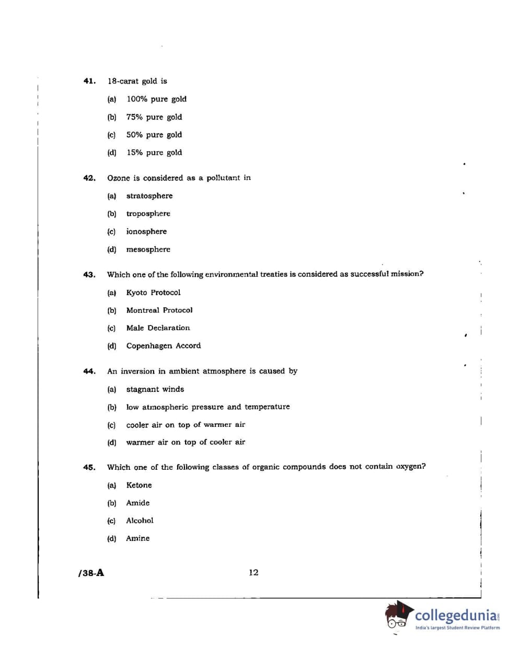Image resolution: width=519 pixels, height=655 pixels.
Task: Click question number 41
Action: pos(89,81)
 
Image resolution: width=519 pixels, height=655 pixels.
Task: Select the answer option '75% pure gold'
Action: pos(154,117)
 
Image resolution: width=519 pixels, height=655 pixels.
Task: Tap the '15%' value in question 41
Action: pos(134,153)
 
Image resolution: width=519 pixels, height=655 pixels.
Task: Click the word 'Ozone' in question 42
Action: pos(118,178)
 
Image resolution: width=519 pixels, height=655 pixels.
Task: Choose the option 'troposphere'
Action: pos(148,214)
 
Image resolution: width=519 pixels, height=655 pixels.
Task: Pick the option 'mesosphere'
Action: pos(148,250)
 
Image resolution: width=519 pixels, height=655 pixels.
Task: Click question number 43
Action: pos(89,275)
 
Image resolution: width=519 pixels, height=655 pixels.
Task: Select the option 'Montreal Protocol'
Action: pos(159,310)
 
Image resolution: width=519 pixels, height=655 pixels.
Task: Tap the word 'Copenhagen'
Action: pos(151,346)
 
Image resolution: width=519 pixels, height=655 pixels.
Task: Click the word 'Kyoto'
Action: pos(138,292)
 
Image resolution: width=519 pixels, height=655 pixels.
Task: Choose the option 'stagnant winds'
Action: pos(155,389)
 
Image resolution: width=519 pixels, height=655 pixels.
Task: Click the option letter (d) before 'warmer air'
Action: pos(111,443)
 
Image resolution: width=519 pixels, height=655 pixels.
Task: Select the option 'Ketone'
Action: pos(139,485)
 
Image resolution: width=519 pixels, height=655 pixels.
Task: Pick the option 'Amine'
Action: pos(137,538)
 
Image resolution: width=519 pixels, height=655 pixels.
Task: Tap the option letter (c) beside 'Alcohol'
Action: pos(111,521)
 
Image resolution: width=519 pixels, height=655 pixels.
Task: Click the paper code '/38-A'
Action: pos(91,573)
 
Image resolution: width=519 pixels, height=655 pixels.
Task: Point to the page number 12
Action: pos(253,573)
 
